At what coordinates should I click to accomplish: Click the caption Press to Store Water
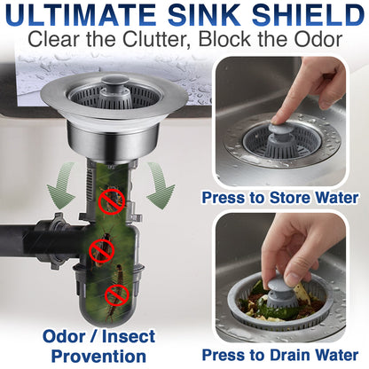point(279,197)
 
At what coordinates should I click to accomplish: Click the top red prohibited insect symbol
point(111,200)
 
